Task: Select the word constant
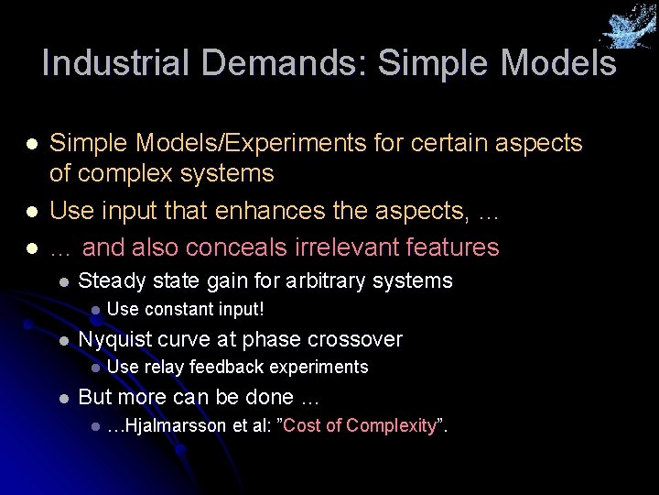179,309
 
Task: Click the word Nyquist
115,339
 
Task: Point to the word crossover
355,339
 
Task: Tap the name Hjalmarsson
174,426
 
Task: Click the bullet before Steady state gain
61,281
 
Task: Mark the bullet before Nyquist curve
61,340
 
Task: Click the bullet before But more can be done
61,398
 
